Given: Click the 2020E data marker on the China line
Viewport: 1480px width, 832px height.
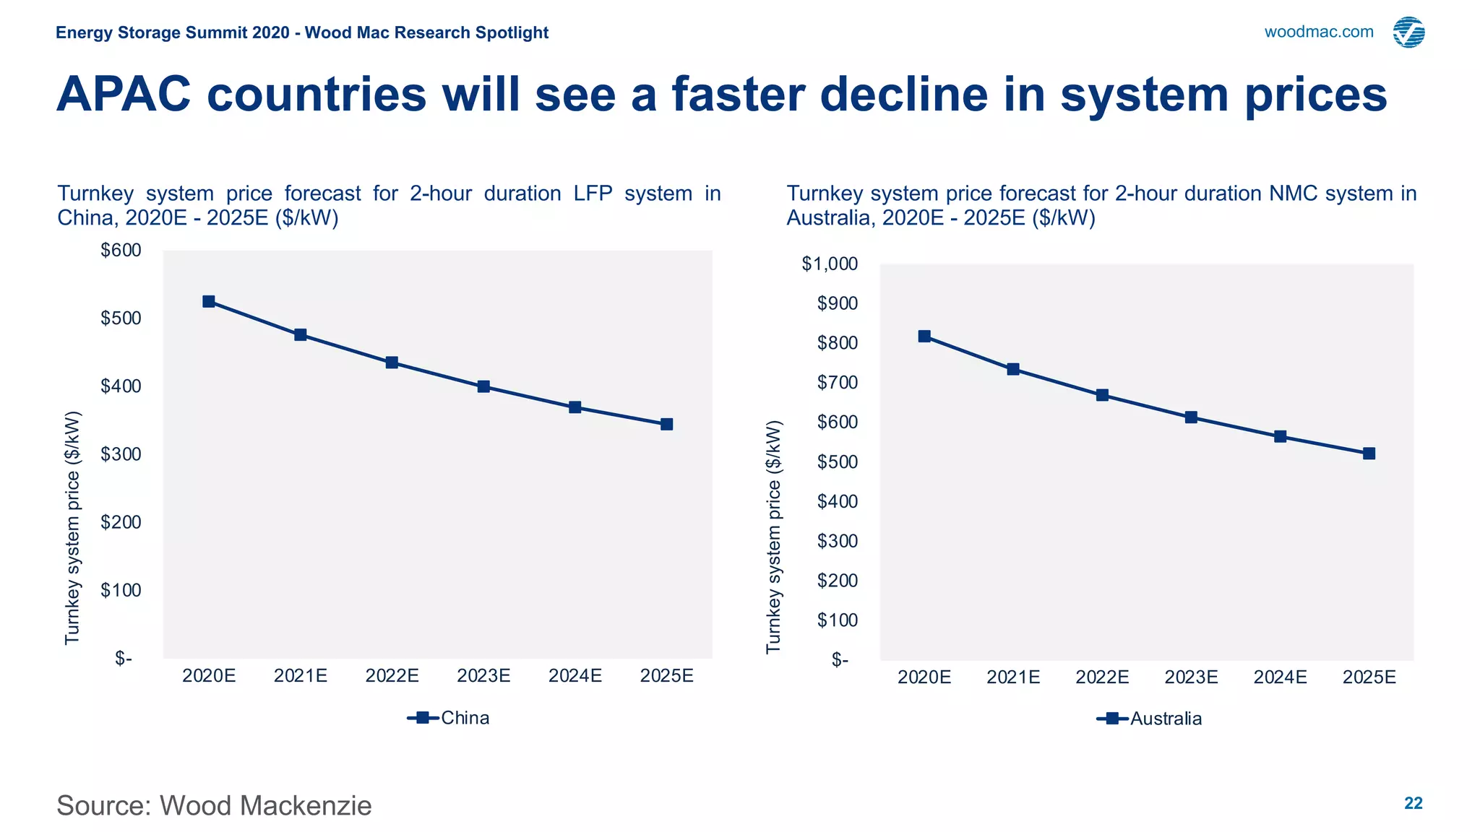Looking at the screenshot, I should coord(209,301).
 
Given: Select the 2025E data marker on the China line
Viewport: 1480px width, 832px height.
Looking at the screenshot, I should coord(666,424).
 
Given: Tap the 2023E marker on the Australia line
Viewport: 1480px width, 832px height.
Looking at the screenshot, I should coord(1191,417).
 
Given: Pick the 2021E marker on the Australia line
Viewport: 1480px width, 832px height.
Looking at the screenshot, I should coord(1013,369).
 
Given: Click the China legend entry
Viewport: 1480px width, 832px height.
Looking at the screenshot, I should coord(449,718).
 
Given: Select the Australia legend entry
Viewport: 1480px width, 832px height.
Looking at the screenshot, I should coord(1150,719).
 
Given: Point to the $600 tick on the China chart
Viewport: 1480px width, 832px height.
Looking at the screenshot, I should coord(121,251).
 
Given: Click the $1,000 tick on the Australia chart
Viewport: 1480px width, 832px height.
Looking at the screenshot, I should coord(830,264).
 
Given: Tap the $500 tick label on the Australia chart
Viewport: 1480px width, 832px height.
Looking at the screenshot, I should coord(837,461).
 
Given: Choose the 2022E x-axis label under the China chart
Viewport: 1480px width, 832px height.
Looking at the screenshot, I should coord(392,676).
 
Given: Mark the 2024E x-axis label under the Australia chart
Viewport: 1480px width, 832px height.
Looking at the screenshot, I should coord(1280,677).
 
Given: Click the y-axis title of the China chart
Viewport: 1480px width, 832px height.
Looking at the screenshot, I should coord(72,527).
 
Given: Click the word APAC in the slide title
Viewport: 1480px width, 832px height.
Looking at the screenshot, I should coord(124,95).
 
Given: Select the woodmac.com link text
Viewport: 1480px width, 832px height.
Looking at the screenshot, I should coord(1318,32).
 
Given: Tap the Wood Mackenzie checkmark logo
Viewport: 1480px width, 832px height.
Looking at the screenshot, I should coord(1408,32).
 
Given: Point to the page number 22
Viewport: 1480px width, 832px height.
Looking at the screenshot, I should coord(1413,803).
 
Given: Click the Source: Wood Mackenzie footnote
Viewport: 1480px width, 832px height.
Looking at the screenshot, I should coord(214,805).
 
